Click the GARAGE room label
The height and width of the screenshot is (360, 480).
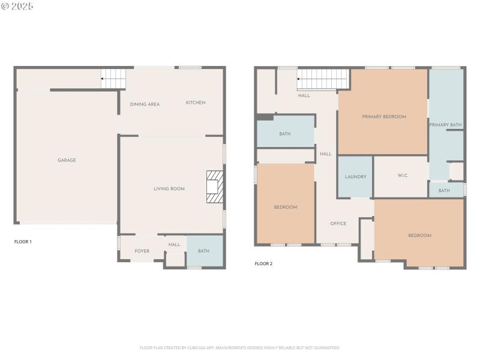point(67,160)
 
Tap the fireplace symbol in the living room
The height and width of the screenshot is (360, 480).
point(214,187)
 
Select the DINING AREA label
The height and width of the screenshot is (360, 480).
point(145,104)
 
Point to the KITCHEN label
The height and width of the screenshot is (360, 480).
point(196,103)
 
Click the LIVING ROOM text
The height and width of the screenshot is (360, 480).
point(169,189)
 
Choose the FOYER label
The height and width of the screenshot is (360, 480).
point(142,251)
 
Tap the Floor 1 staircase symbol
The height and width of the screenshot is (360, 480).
point(113,78)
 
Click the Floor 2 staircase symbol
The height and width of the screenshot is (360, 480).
point(323,79)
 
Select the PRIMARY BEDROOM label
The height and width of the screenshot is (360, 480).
point(384,116)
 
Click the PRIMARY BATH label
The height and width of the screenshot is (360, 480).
point(446,125)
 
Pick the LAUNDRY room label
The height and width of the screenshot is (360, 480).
point(355,177)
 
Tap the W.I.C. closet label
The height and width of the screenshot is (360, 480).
point(403,175)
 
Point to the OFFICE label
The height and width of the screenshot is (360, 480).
point(338,224)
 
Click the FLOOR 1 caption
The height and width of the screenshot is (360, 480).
point(23,242)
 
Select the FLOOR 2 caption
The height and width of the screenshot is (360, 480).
point(263,264)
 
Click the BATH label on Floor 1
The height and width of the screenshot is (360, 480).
point(204,251)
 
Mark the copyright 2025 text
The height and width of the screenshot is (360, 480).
point(17,6)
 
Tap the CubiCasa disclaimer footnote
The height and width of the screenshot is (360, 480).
point(240,347)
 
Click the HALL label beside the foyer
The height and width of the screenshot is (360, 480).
point(174,245)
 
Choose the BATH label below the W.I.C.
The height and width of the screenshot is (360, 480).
point(444,191)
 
